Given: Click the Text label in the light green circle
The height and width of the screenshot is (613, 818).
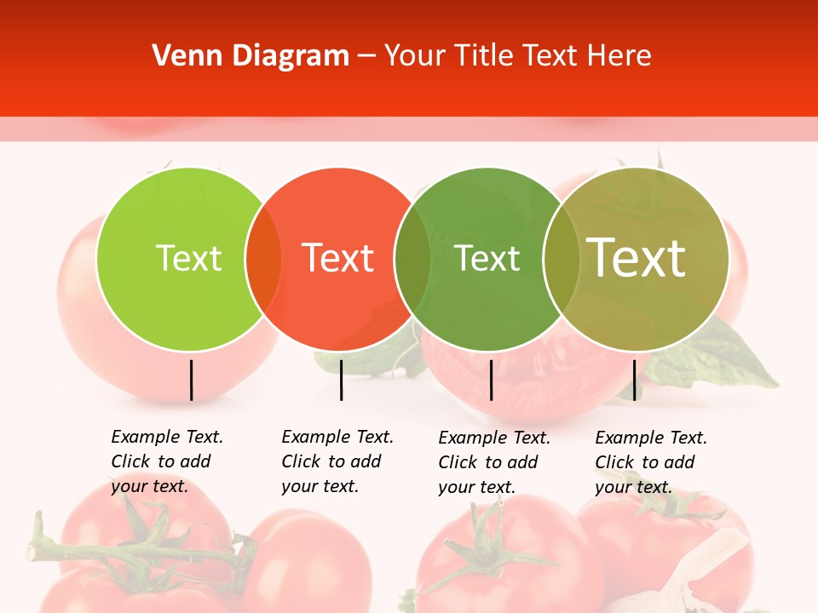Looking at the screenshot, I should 189,258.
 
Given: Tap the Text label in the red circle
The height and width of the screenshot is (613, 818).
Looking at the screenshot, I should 338,258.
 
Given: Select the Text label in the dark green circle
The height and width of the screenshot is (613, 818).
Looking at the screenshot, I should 487,258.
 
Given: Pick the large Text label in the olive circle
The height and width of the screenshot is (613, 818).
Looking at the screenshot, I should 637,258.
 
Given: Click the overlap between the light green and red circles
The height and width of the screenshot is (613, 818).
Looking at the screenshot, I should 263,259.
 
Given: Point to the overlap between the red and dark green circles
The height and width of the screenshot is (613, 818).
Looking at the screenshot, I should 412,259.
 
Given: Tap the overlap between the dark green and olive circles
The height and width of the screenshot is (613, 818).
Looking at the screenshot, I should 561,259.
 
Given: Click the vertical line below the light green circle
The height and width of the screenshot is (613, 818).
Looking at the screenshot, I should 191,380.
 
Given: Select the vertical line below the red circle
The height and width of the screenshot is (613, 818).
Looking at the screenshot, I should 341,380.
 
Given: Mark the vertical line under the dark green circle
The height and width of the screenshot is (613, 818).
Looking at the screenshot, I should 491,380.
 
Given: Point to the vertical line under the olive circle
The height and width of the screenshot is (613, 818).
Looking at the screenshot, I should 634,380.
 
